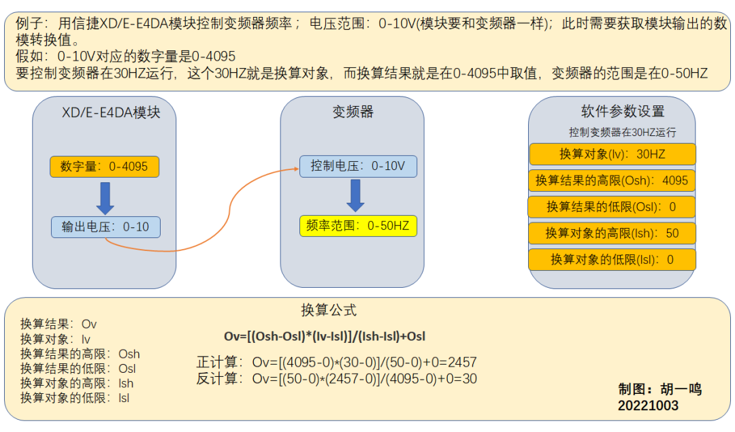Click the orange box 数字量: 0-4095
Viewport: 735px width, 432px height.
point(104,167)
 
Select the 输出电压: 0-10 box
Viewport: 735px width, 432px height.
point(105,227)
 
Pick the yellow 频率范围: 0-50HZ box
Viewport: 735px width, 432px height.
point(358,226)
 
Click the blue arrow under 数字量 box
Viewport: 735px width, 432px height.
point(105,197)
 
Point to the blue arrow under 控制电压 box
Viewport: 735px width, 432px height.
point(355,196)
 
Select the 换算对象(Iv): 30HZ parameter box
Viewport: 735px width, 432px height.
point(612,154)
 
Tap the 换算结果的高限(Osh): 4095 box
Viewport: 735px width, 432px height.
point(612,180)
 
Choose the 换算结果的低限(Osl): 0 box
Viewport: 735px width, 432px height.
point(612,207)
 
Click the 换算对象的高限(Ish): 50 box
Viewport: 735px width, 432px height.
point(612,233)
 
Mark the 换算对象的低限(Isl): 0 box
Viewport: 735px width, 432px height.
point(612,259)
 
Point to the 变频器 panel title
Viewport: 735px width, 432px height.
point(353,113)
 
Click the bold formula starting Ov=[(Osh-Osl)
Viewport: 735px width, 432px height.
point(325,336)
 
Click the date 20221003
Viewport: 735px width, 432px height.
point(648,406)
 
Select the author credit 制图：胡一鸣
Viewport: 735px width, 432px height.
point(659,390)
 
